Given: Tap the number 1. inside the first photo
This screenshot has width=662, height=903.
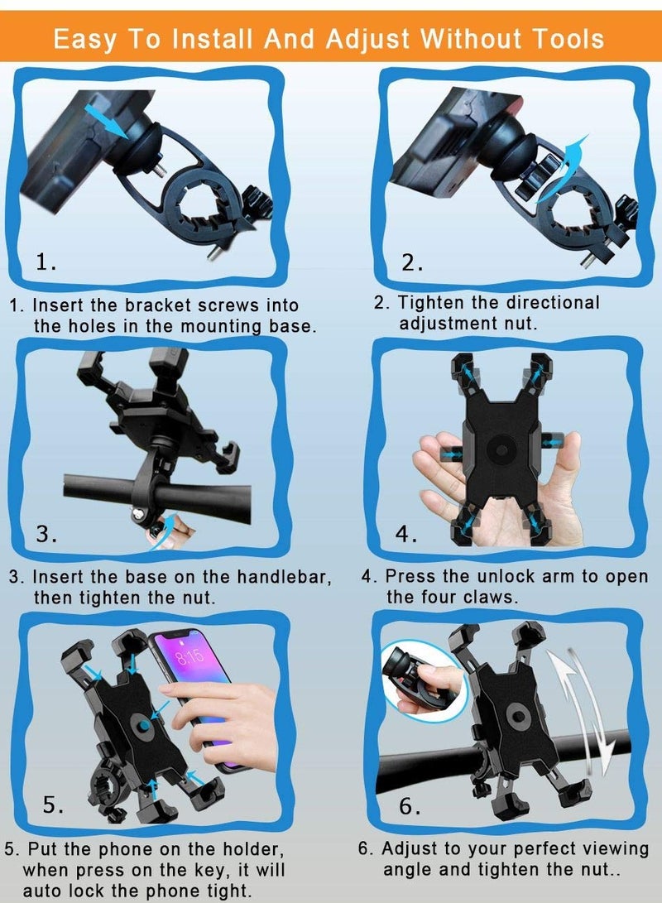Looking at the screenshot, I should click(x=46, y=262).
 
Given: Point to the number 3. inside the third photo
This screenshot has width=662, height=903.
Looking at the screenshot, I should click(x=46, y=534).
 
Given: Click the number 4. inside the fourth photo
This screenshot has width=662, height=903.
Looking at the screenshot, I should click(x=406, y=534).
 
